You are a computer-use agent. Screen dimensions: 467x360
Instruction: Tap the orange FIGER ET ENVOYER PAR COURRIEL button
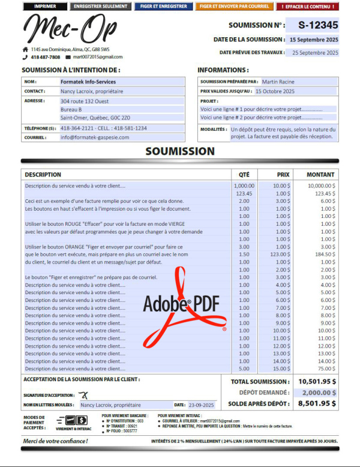234,7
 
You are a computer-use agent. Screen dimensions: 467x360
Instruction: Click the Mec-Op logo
70,29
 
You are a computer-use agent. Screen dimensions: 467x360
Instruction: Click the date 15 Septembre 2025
314,39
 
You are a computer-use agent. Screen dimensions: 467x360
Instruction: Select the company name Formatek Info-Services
89,82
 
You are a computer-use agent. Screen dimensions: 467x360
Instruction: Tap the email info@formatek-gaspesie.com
95,137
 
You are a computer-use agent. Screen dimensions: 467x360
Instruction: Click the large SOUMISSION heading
179,151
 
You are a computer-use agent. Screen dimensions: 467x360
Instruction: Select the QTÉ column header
244,175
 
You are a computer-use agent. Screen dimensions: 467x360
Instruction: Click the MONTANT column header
321,175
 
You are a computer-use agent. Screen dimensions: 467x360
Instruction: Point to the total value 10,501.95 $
317,381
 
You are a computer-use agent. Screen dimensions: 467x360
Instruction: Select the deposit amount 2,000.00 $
317,392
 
